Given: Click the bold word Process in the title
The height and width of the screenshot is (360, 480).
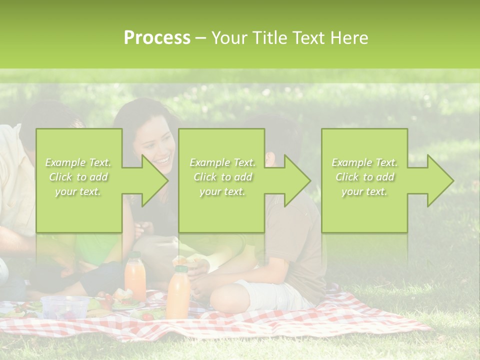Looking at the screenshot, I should pyautogui.click(x=157, y=38).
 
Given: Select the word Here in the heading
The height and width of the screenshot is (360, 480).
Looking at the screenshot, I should pyautogui.click(x=349, y=38).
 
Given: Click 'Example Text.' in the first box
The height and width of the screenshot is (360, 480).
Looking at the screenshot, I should pyautogui.click(x=78, y=162).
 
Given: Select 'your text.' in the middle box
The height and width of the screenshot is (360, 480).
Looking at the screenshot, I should pyautogui.click(x=222, y=191).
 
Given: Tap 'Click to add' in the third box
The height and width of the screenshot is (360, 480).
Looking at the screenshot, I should pyautogui.click(x=364, y=177).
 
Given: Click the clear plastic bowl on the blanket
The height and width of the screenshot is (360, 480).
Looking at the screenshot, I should pyautogui.click(x=64, y=305).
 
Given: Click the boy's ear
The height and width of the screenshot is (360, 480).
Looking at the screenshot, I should pyautogui.click(x=270, y=158).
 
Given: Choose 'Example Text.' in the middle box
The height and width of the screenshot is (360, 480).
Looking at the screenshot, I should pyautogui.click(x=222, y=162).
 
